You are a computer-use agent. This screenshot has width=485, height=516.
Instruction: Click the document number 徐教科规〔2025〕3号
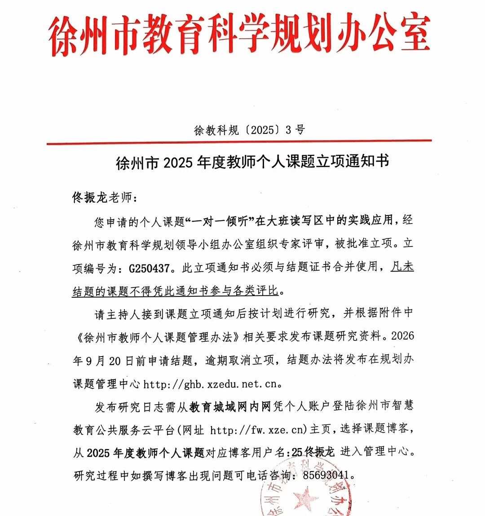click(249, 130)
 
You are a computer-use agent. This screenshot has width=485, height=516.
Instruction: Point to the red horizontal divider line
click(239, 141)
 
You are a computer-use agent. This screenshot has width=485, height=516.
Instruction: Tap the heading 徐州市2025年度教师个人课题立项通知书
click(252, 162)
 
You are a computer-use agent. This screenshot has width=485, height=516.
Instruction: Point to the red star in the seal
click(305, 498)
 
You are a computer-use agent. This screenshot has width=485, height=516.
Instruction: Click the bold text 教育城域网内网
click(230, 407)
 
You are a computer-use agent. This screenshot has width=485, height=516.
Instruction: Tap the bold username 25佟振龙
click(313, 452)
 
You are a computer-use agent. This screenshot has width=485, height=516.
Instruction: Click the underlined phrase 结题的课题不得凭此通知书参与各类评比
click(176, 291)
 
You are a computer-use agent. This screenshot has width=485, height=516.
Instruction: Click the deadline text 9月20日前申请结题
click(133, 361)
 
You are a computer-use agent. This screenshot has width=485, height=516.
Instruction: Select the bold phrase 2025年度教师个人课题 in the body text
click(146, 452)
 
